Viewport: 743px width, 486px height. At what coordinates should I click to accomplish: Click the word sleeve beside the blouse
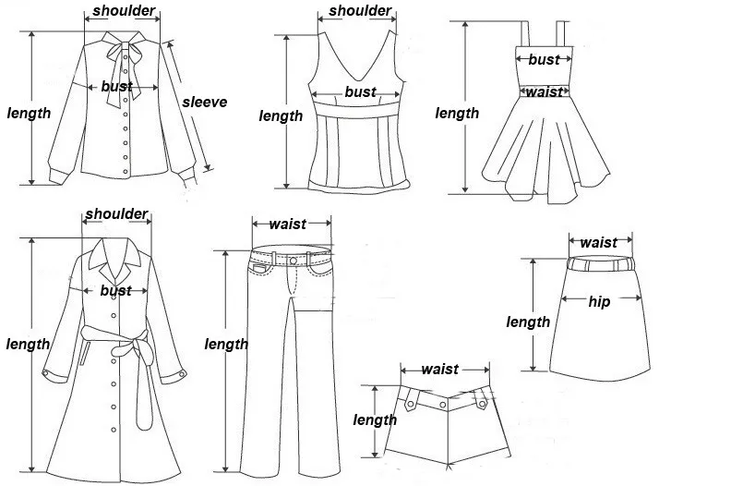(x=204, y=103)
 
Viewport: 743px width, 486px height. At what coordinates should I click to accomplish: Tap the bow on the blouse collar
(x=120, y=51)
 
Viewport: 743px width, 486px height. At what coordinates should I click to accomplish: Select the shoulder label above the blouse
(x=124, y=12)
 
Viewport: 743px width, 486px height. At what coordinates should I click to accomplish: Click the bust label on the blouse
(x=116, y=87)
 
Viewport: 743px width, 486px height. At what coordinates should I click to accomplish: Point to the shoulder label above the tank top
(x=360, y=12)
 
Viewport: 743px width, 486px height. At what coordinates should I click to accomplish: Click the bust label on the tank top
(x=360, y=91)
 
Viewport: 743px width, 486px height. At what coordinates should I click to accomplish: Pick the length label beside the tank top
(x=281, y=115)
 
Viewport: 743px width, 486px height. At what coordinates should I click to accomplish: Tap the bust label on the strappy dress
(x=544, y=60)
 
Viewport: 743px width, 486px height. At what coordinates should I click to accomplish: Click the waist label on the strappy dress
(x=544, y=91)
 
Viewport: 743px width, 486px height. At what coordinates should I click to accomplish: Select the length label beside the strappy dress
(x=457, y=114)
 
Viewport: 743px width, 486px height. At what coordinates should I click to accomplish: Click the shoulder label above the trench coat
(x=117, y=214)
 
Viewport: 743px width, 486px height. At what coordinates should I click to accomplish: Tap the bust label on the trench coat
(x=116, y=290)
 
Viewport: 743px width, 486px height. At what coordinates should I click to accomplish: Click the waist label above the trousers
(x=288, y=225)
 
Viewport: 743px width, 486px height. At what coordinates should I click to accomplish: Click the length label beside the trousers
(x=226, y=344)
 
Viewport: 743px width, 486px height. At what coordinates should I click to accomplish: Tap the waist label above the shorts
(x=439, y=370)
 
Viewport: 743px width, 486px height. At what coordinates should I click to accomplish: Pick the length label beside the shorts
(x=375, y=420)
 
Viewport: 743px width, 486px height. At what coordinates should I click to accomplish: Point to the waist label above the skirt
(x=598, y=243)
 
